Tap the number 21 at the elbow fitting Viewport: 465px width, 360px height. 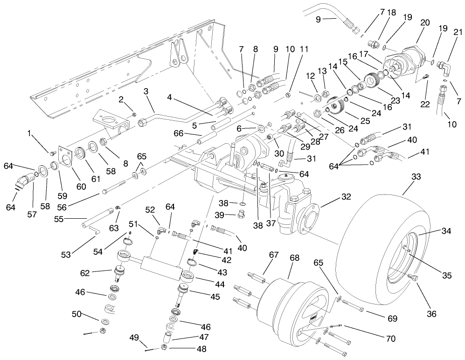click(458, 32)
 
